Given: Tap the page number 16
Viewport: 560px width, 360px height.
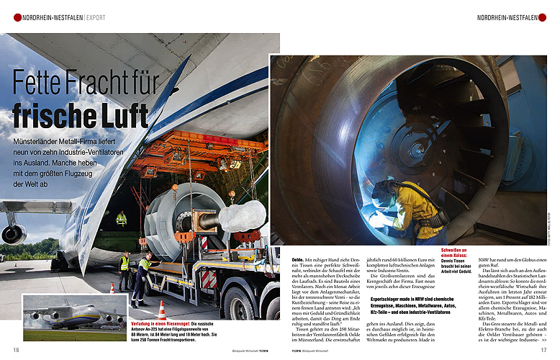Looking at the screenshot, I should coord(16,350).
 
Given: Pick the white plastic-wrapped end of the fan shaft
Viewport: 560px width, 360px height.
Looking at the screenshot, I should coord(242,216).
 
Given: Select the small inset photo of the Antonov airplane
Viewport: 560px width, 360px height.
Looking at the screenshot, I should coord(75,318).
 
